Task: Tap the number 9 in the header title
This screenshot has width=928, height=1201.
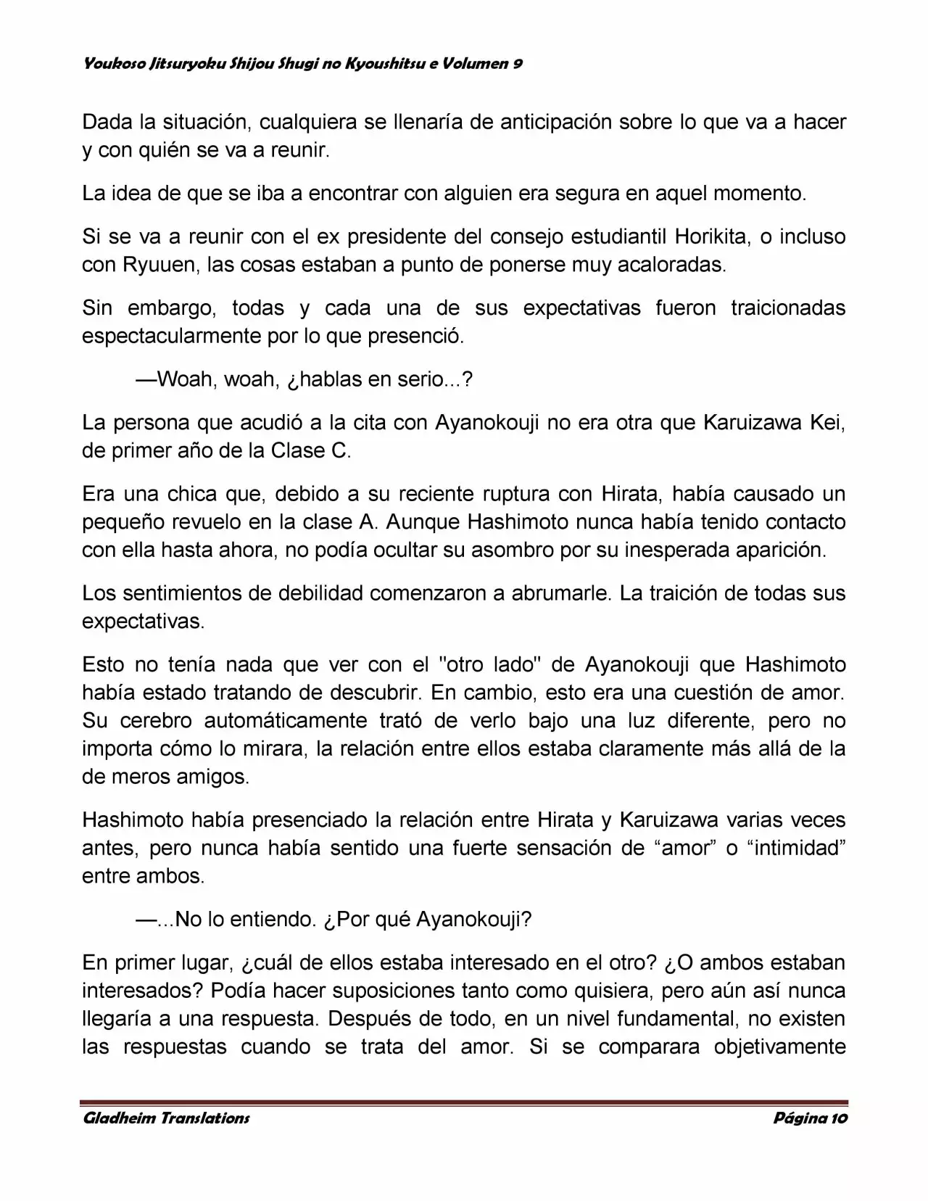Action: tap(518, 64)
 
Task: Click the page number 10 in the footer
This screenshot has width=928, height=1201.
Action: tap(838, 1118)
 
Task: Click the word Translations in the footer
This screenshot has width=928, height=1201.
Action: tap(204, 1118)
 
